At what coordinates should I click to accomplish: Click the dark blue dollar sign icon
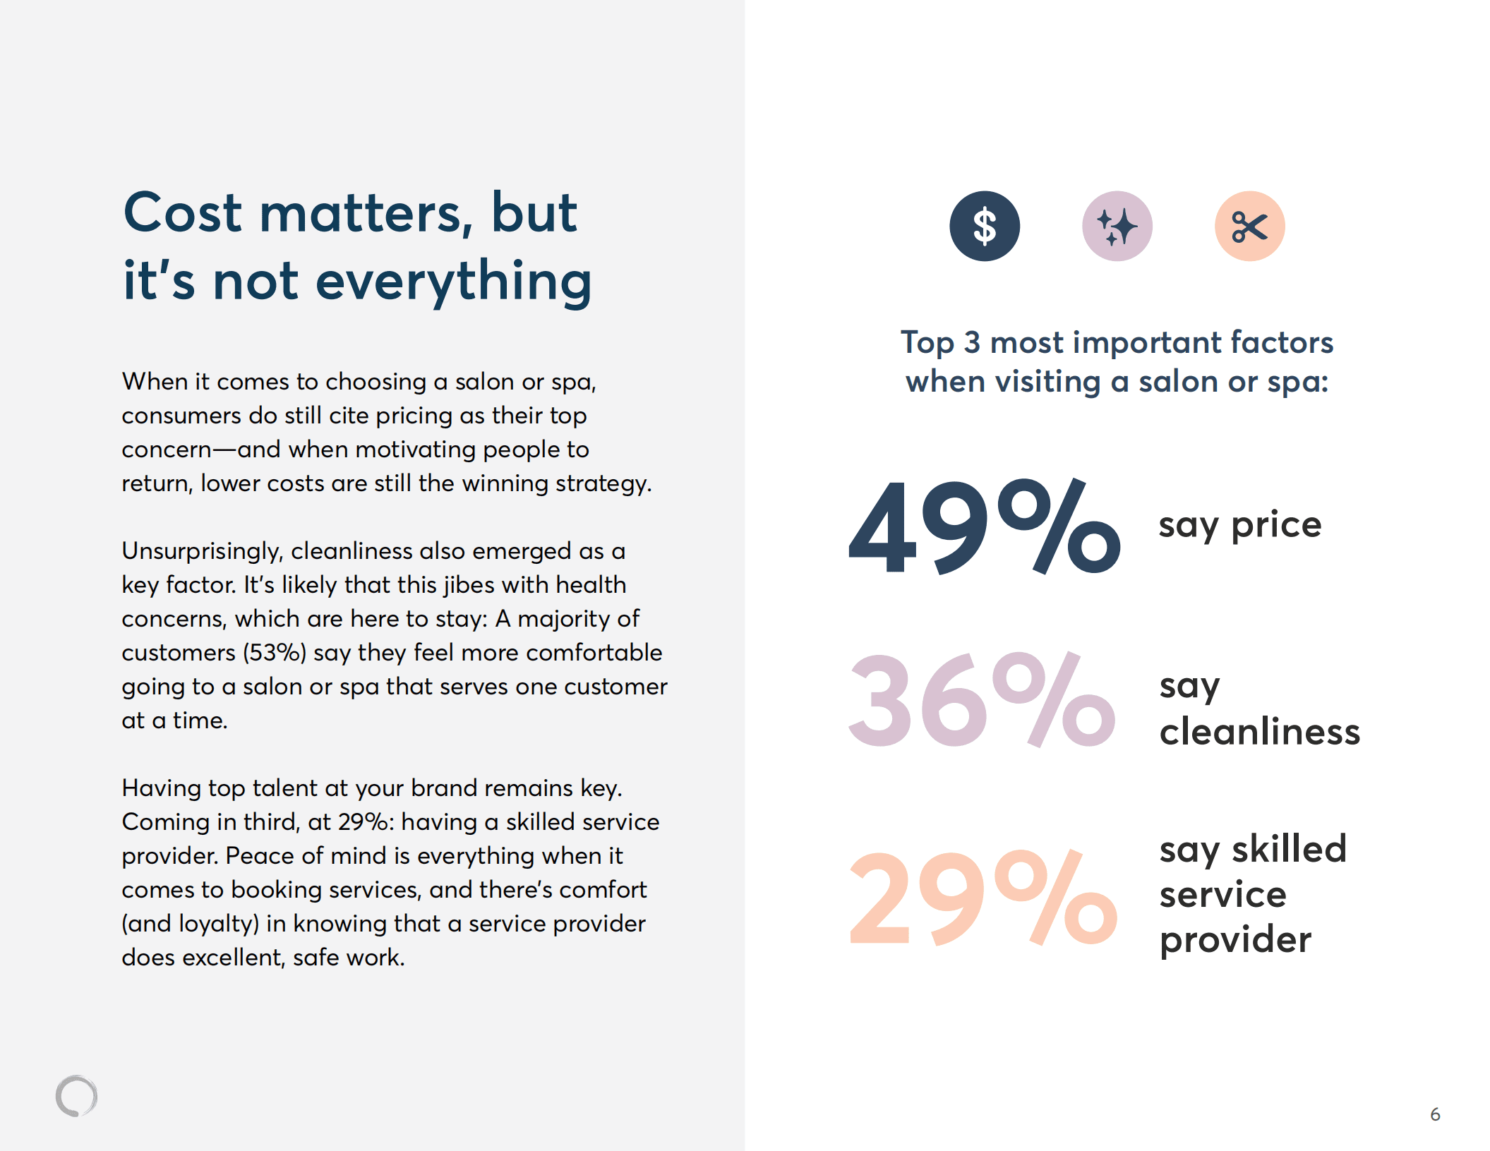pyautogui.click(x=984, y=227)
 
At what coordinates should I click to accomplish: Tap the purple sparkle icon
pyautogui.click(x=1117, y=227)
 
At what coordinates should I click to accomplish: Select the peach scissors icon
pyautogui.click(x=1249, y=227)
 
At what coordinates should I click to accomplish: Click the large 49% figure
pyautogui.click(x=984, y=526)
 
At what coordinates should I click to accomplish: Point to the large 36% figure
pyautogui.click(x=981, y=699)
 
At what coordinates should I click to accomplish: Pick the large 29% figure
pyautogui.click(x=983, y=897)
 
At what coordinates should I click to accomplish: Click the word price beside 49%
pyautogui.click(x=1276, y=525)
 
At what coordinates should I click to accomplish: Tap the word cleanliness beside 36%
pyautogui.click(x=1259, y=731)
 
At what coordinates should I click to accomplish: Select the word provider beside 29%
pyautogui.click(x=1235, y=939)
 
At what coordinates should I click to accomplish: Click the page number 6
pyautogui.click(x=1435, y=1114)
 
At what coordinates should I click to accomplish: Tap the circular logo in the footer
pyautogui.click(x=76, y=1096)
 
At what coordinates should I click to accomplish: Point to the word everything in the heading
pyautogui.click(x=453, y=281)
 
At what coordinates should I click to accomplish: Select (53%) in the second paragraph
pyautogui.click(x=274, y=653)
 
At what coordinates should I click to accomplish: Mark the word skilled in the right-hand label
pyautogui.click(x=1289, y=849)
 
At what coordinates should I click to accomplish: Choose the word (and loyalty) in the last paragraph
pyautogui.click(x=190, y=924)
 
